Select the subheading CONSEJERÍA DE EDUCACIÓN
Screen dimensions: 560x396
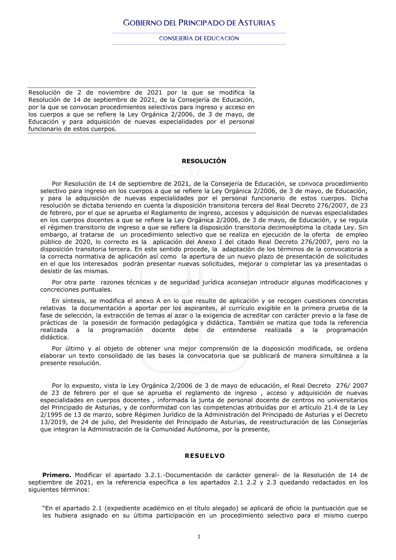pos(199,38)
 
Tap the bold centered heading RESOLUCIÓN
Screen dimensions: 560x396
pos(204,161)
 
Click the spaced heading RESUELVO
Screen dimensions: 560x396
pos(205,456)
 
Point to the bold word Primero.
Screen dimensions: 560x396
pos(57,475)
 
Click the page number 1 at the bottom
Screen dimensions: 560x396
pos(199,537)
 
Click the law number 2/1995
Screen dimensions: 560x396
pos(51,415)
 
